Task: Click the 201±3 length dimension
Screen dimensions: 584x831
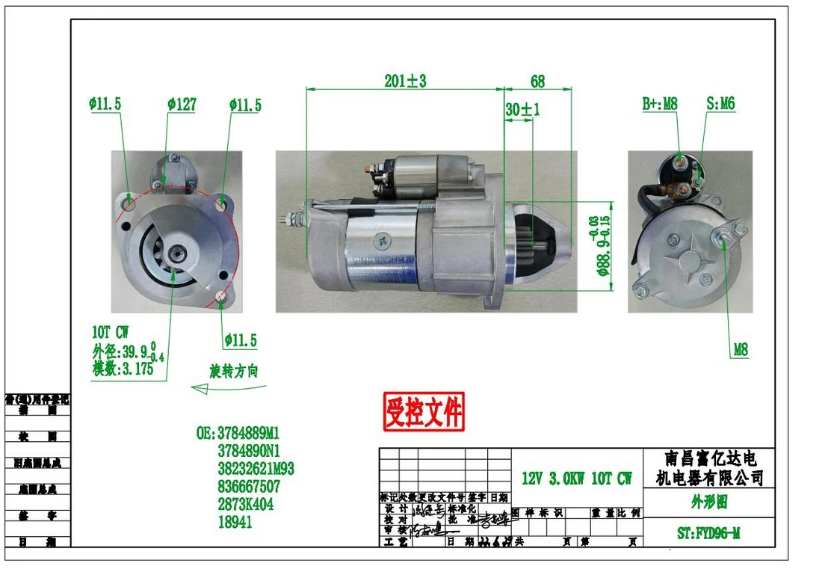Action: (x=407, y=81)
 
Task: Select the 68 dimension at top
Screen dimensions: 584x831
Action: (x=537, y=81)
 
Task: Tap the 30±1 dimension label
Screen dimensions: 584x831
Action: (x=522, y=110)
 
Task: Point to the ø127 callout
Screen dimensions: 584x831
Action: (x=182, y=105)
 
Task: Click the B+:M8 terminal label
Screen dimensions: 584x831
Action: (x=660, y=104)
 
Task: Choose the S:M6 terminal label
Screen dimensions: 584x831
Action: (x=720, y=104)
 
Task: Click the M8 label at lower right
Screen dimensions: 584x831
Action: (x=740, y=349)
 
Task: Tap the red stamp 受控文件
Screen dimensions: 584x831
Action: (x=424, y=411)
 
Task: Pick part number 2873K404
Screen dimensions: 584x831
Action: (x=245, y=505)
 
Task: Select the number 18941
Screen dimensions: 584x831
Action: (x=235, y=523)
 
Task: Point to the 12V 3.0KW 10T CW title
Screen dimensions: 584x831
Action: (x=576, y=479)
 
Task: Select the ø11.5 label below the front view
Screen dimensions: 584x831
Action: (x=240, y=341)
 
